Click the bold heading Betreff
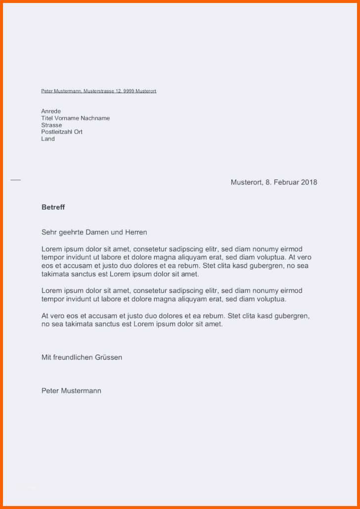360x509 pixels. tap(53, 207)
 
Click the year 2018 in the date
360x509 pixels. tap(309, 182)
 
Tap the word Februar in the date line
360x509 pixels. tap(286, 182)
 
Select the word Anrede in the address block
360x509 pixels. tap(51, 111)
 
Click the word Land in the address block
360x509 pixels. tap(48, 139)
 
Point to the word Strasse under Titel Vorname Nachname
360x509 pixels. tap(51, 125)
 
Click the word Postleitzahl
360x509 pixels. tap(57, 132)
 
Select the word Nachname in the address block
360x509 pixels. tap(95, 118)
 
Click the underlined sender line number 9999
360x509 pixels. tap(128, 91)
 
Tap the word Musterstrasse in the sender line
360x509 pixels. tap(99, 91)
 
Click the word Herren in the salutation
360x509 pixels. tap(136, 232)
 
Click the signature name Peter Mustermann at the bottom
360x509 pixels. tap(71, 391)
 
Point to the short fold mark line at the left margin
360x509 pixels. tap(16, 180)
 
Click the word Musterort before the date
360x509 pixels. tap(246, 182)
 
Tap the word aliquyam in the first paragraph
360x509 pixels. tap(191, 257)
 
